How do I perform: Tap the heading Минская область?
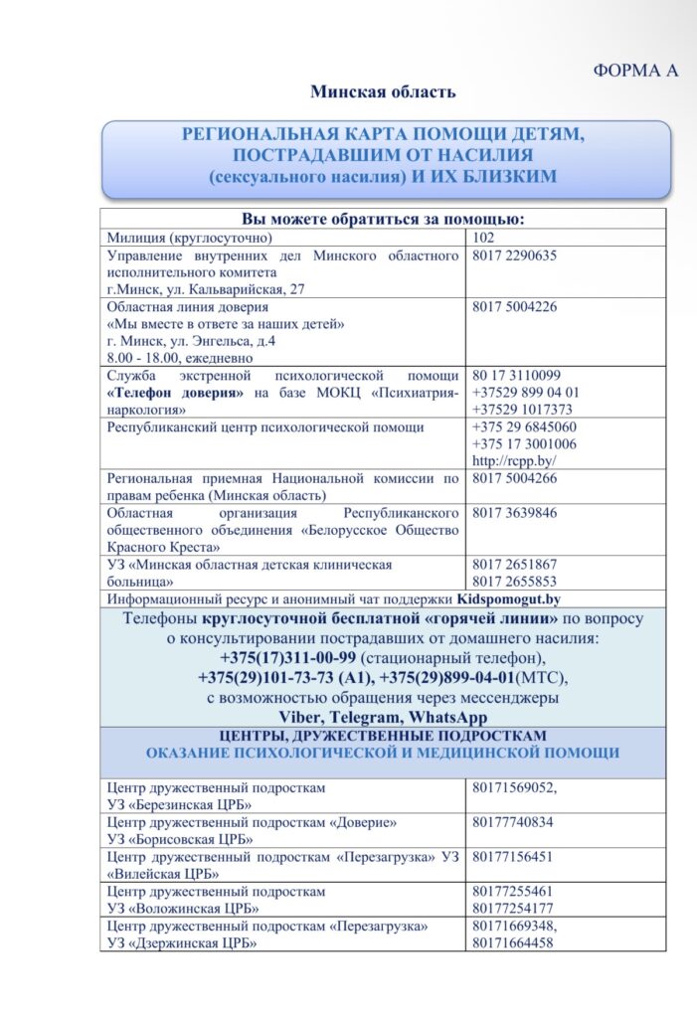click(x=383, y=92)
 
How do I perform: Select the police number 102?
click(x=484, y=239)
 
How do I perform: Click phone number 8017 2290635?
click(x=514, y=255)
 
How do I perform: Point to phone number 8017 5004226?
click(x=514, y=306)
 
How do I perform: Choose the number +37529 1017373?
click(x=522, y=409)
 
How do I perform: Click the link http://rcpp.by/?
click(x=513, y=460)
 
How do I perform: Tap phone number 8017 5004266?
click(x=514, y=478)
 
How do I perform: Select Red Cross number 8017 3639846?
click(x=514, y=513)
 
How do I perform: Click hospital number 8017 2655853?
click(x=514, y=582)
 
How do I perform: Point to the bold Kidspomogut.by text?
click(x=508, y=599)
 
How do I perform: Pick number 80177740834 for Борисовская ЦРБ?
click(x=512, y=823)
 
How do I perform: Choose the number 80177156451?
click(x=512, y=857)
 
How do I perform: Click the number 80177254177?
click(x=512, y=908)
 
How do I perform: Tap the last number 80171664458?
click(x=512, y=942)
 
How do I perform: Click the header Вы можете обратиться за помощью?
click(x=383, y=220)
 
